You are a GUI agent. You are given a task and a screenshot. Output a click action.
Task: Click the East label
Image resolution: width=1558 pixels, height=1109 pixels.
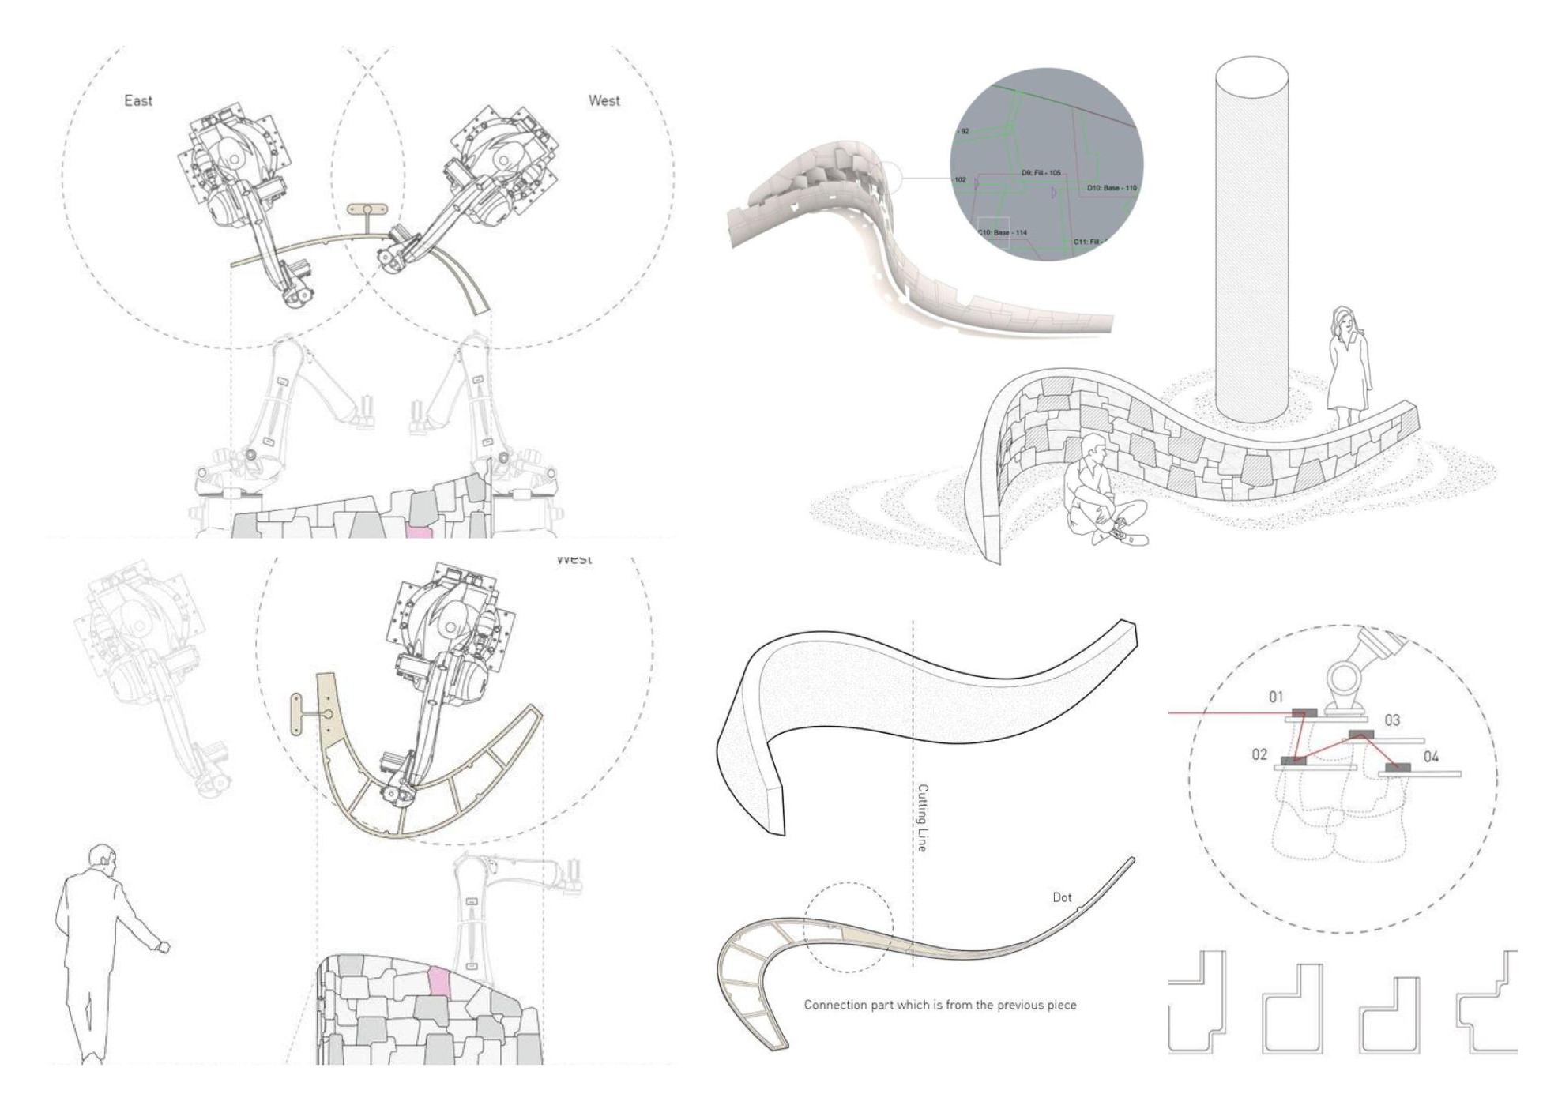138,100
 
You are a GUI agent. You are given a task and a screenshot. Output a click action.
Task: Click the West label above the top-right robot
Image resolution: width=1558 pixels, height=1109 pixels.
604,100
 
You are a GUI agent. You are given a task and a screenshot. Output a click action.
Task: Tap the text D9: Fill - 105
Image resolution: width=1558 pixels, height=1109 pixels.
1041,172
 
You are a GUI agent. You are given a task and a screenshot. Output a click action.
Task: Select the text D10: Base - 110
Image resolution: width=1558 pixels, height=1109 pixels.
1111,188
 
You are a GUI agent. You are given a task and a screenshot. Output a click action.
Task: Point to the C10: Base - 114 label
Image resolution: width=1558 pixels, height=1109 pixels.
1003,232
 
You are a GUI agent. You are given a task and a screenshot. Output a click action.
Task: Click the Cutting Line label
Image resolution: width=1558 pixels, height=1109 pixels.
922,818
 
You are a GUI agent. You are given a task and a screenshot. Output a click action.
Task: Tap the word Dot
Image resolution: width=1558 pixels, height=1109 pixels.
1062,897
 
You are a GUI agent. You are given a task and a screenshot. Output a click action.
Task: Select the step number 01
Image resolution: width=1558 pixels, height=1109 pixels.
1276,697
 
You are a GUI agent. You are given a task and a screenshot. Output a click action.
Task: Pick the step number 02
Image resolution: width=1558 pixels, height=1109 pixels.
1259,754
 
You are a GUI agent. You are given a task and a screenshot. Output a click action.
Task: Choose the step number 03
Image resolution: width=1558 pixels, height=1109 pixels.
1392,720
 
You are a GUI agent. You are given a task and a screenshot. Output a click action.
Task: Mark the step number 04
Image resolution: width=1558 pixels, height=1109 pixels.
1431,757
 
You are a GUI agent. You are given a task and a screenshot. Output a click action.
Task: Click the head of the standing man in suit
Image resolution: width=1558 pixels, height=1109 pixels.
102,858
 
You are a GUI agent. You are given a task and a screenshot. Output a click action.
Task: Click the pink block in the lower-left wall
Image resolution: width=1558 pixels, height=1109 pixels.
438,980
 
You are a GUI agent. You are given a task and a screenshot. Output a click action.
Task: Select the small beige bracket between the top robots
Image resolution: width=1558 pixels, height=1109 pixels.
367,210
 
